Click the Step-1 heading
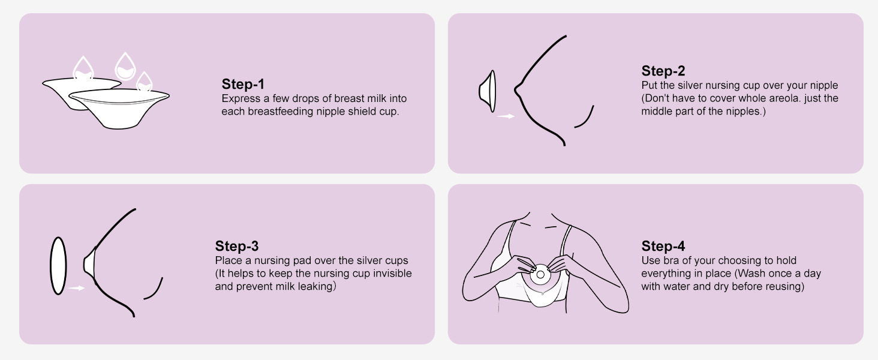pos(243,84)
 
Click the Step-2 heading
pos(663,71)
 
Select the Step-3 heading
pos(237,246)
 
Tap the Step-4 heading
pos(663,246)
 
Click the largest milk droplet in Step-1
pos(125,67)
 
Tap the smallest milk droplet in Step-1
pos(145,82)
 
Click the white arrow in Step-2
pos(506,116)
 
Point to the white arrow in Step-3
pos(76,288)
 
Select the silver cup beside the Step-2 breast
pos(488,91)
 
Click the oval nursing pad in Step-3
pos(58,265)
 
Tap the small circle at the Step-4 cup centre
pos(540,275)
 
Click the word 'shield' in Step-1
pos(362,112)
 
